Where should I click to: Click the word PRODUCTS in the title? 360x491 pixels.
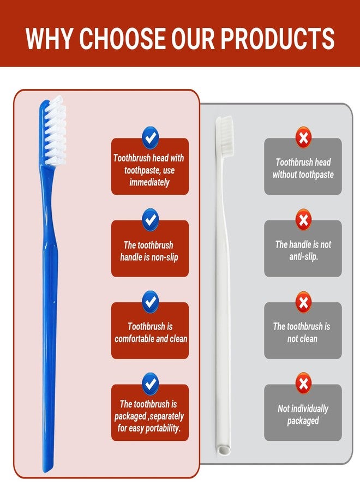[278, 38]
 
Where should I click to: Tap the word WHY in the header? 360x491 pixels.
[49, 38]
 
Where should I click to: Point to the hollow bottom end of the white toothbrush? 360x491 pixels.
[224, 450]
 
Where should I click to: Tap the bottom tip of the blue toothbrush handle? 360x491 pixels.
[47, 469]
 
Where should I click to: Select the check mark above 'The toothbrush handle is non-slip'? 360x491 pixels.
[150, 220]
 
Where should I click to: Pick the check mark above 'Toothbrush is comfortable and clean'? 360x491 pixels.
[150, 302]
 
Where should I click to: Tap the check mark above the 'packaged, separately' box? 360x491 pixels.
[150, 384]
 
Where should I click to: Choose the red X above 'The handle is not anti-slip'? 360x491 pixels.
[303, 220]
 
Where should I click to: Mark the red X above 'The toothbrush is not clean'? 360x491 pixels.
[303, 302]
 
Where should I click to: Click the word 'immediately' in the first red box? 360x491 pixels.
[149, 182]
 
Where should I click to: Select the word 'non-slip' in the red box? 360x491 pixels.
[165, 258]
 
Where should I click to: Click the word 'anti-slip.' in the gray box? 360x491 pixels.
[303, 257]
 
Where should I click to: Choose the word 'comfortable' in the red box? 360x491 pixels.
[134, 339]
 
